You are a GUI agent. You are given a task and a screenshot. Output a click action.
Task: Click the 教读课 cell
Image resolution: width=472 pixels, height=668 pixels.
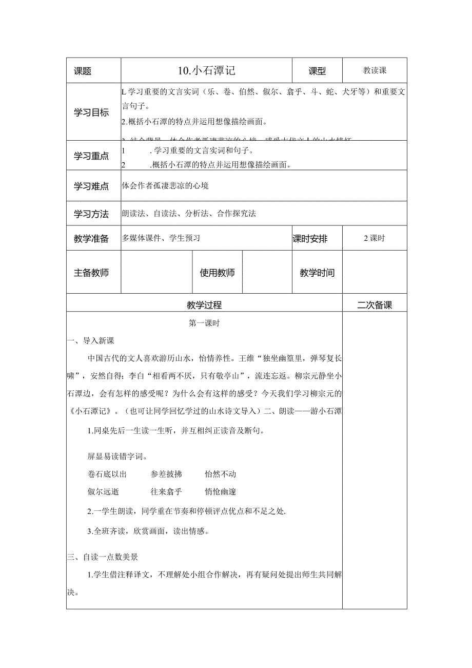[375, 71]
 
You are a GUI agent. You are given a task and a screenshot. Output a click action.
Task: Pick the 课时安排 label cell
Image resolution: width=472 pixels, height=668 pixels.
[310, 238]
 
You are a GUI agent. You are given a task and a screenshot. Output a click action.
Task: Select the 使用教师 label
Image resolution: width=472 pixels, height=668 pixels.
[217, 273]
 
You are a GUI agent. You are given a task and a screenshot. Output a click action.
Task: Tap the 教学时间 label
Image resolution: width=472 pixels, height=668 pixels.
[317, 273]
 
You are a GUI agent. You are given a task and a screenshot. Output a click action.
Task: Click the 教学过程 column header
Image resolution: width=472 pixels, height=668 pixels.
[204, 305]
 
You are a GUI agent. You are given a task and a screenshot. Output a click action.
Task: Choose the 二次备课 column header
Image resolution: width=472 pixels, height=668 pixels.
[375, 305]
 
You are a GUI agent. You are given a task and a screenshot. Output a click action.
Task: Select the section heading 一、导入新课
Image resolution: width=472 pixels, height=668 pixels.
[91, 341]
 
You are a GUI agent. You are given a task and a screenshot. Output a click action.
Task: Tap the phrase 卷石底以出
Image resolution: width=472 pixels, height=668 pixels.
[107, 474]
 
